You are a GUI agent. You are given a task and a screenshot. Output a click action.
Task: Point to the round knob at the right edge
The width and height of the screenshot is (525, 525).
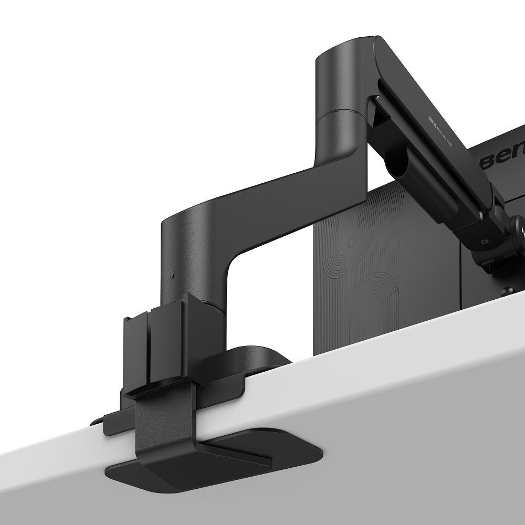coord(520,223)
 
